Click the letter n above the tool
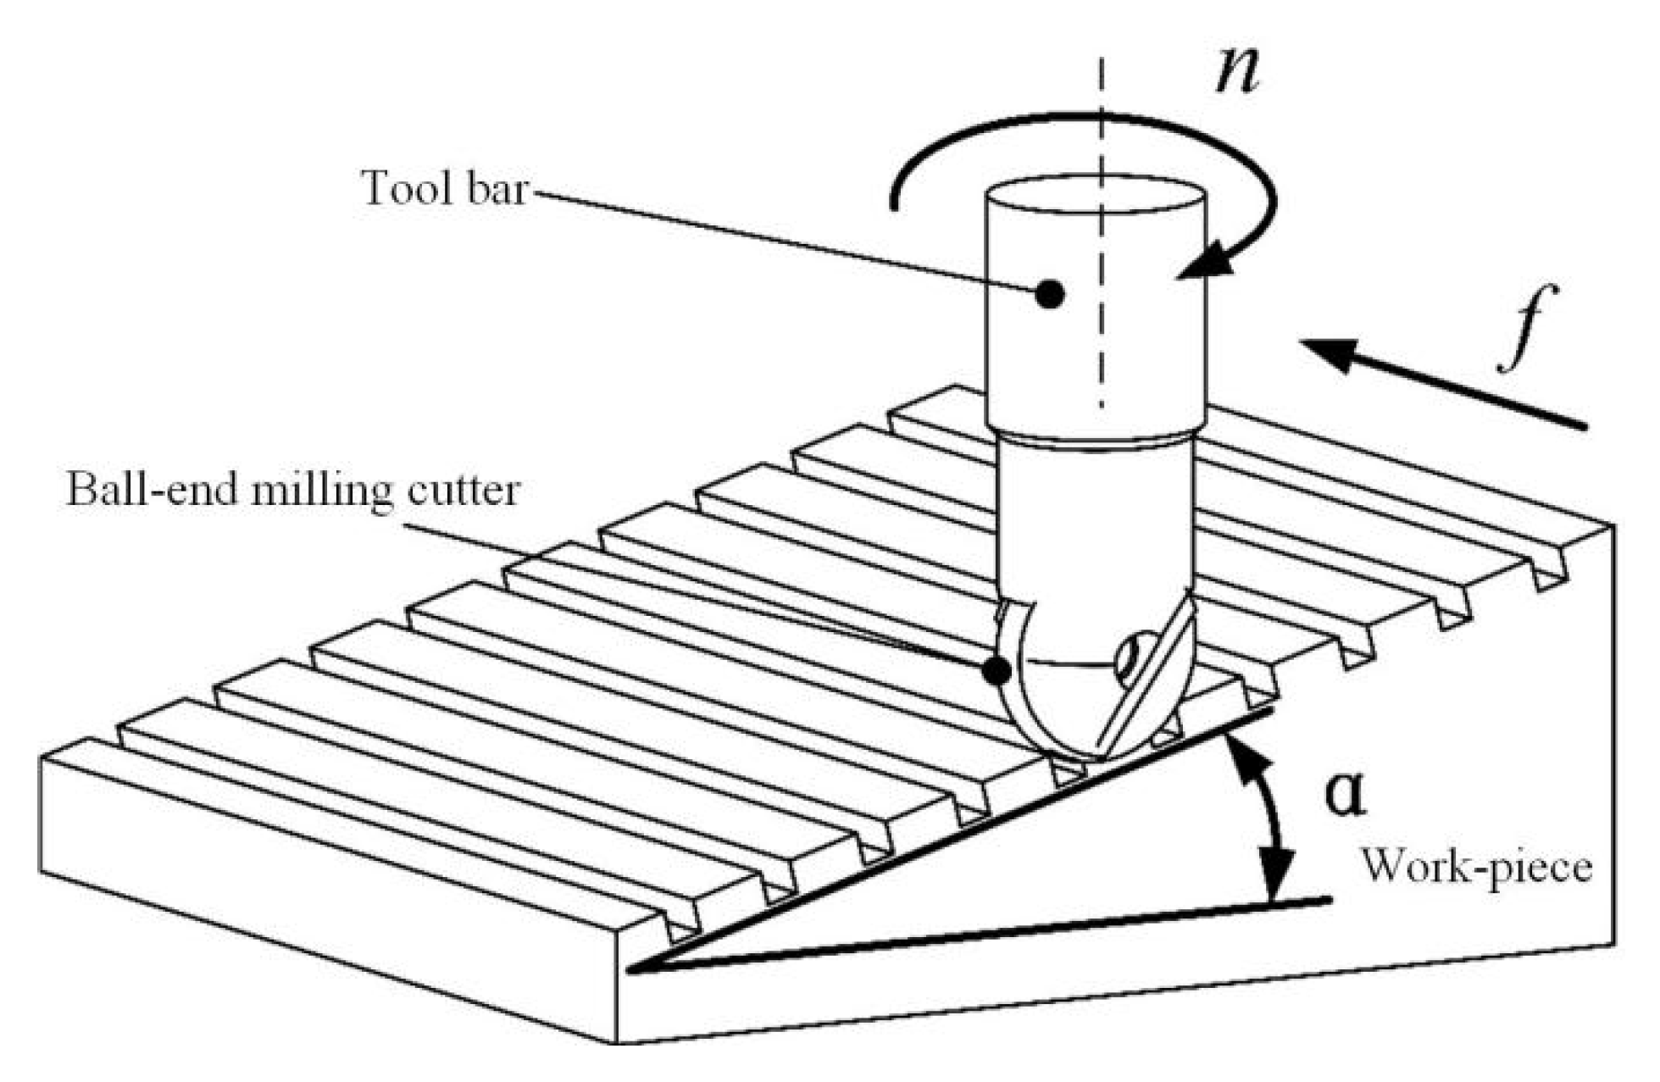point(1238,69)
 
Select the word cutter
point(462,491)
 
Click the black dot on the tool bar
point(1050,294)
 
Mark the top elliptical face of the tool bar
point(1096,196)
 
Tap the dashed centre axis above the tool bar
point(1102,110)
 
